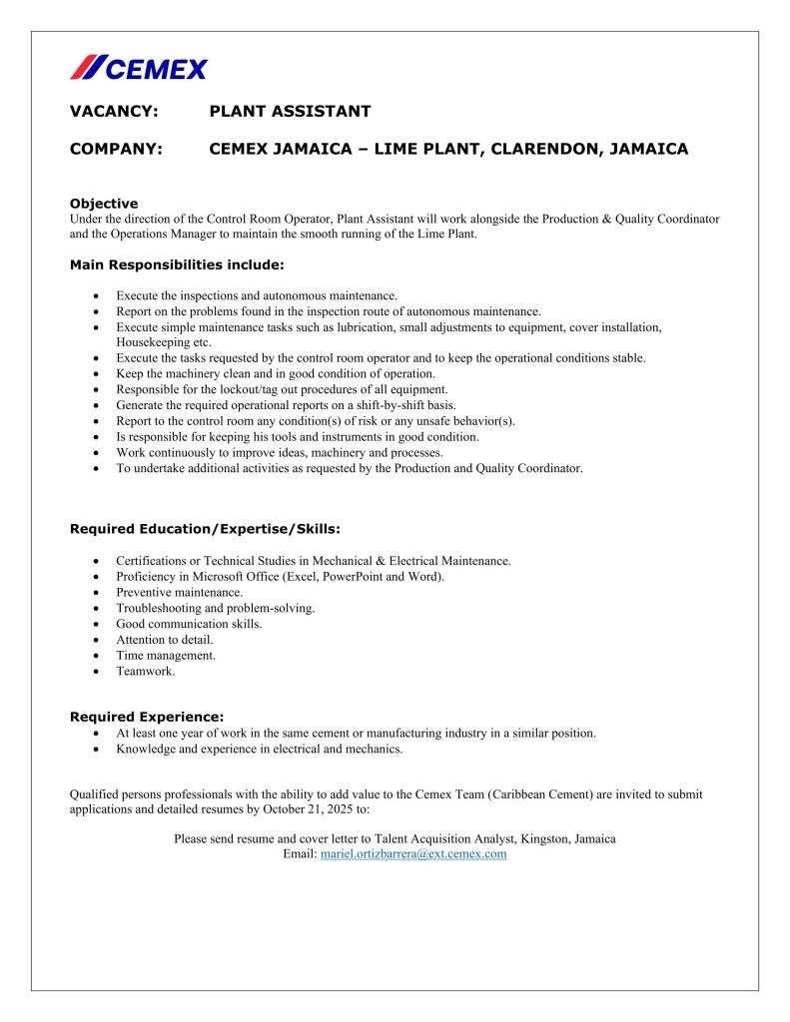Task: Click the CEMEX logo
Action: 139,68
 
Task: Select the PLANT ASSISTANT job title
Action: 290,112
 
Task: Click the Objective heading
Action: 104,204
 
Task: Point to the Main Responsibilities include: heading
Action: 177,264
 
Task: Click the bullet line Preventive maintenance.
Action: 179,592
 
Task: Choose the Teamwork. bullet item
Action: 145,672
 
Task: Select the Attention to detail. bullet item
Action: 164,640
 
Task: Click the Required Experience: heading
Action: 147,717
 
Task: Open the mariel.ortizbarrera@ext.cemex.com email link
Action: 412,854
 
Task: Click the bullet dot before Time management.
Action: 94,656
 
